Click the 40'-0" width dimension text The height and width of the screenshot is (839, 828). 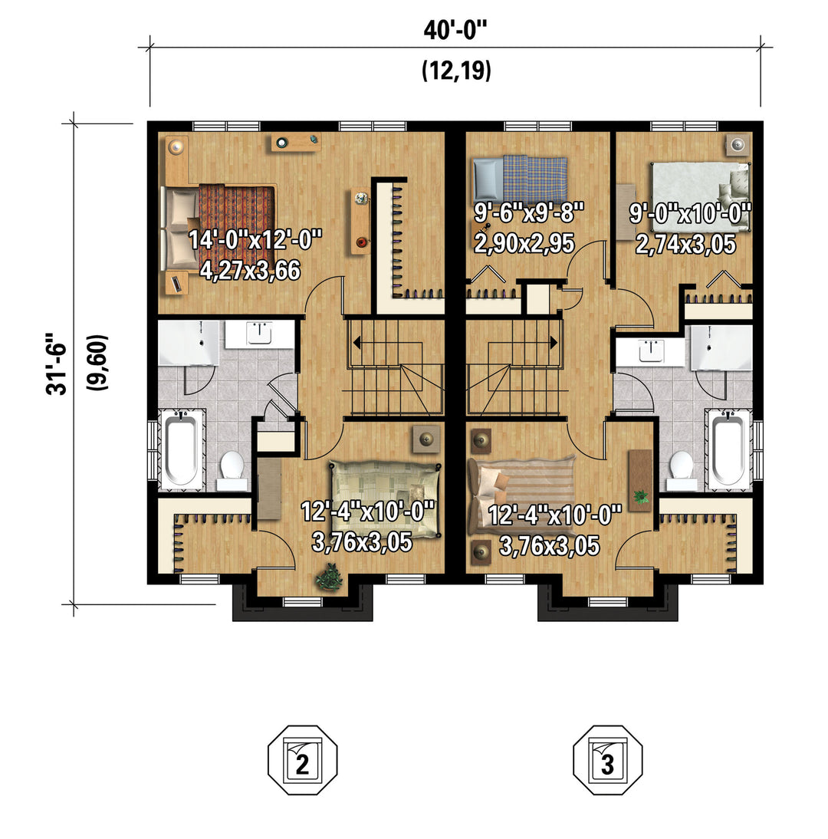point(455,31)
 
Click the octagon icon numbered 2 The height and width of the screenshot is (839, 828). point(303,760)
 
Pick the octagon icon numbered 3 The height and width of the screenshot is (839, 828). point(608,760)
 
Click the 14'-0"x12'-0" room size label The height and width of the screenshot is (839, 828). point(255,239)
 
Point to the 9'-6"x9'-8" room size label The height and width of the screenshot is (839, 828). point(529,212)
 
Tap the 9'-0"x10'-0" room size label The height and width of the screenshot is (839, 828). point(690,214)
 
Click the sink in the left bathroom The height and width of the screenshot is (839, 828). point(259,334)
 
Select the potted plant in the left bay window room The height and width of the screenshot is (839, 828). point(330,578)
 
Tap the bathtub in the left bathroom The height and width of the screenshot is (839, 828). point(182,449)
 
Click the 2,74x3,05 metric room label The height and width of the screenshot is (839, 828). point(685,245)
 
